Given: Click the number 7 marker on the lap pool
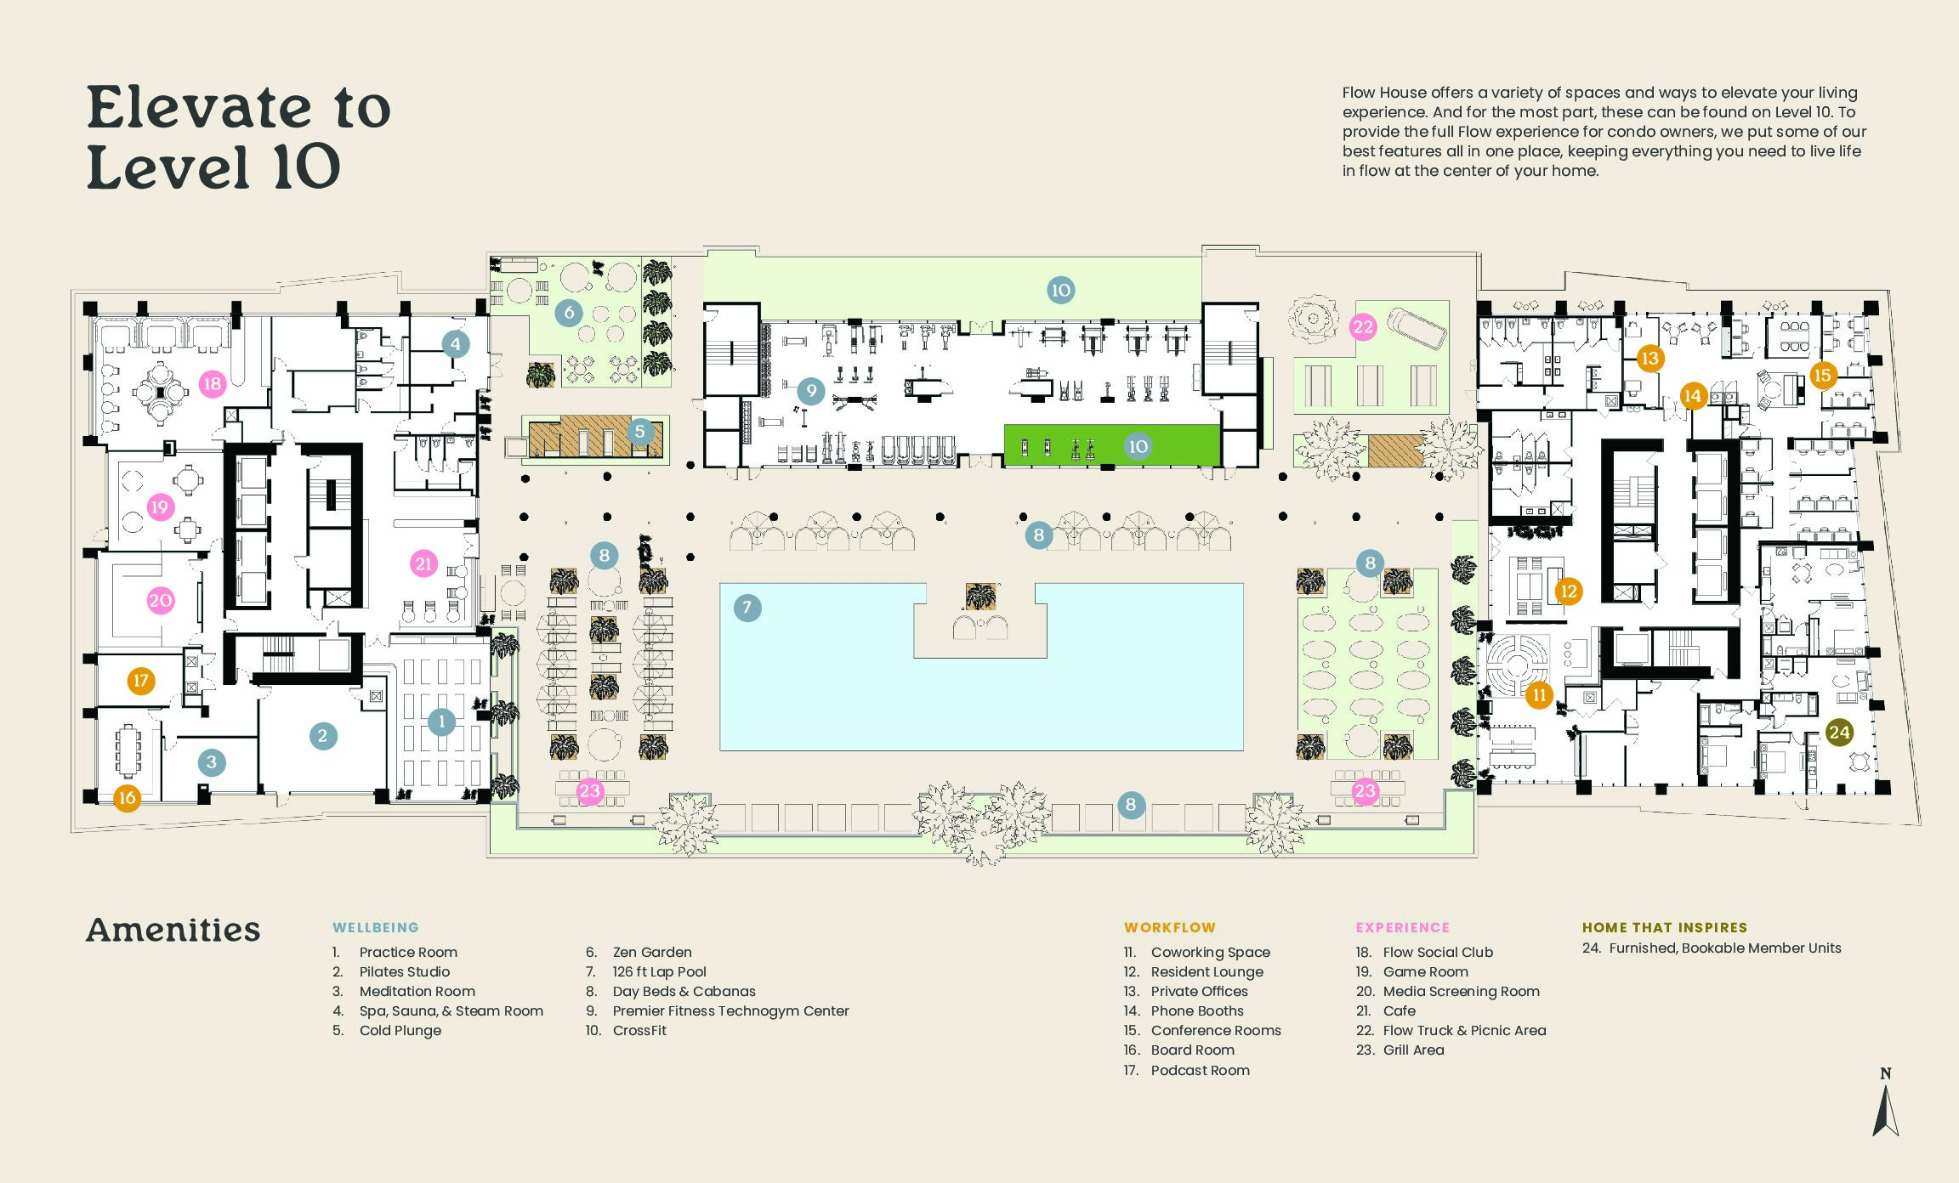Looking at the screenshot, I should click(747, 608).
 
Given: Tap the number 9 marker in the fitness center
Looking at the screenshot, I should click(811, 391).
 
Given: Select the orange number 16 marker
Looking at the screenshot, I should click(127, 798).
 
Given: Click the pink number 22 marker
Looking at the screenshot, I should click(1363, 327).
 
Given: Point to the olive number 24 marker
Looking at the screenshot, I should click(1839, 733).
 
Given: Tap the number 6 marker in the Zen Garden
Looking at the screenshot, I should click(569, 313).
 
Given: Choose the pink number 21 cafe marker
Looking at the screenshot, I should click(423, 563).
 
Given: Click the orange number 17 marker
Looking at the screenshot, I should click(141, 680).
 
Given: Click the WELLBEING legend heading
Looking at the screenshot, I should click(375, 927).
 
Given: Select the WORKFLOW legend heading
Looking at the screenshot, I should click(1169, 927).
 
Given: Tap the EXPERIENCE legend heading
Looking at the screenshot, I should click(1402, 927).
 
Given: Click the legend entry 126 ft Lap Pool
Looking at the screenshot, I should click(659, 971).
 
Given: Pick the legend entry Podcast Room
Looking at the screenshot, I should click(1200, 1070).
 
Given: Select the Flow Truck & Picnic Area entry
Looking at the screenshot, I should click(1464, 1030).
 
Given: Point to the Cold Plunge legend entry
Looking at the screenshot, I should click(400, 1030).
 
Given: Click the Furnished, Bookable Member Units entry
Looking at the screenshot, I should click(1724, 948).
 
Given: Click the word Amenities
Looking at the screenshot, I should click(173, 930).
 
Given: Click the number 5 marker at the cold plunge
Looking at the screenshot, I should click(640, 432).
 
